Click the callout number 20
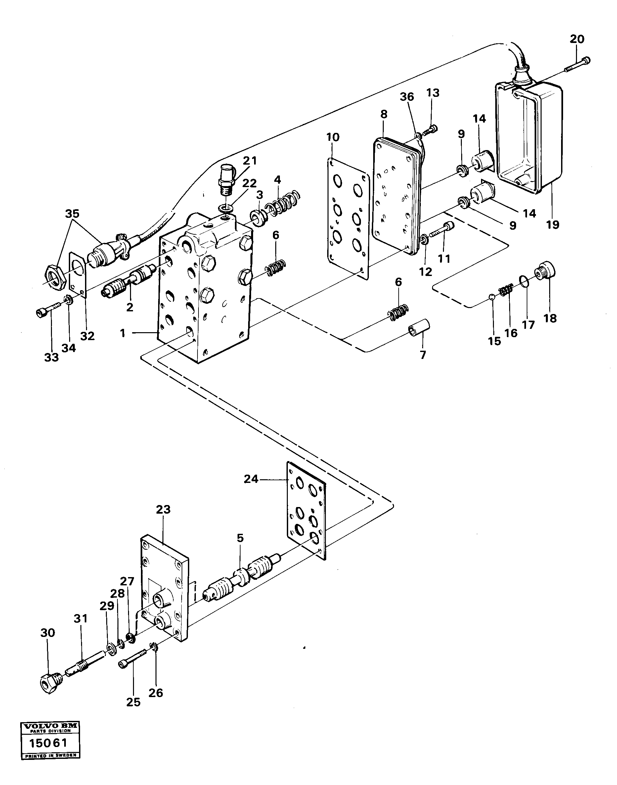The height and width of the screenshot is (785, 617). point(577,39)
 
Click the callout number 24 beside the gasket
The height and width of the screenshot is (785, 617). point(251,479)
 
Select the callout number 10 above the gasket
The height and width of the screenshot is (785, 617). point(333,137)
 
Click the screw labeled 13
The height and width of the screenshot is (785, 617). point(429,130)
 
